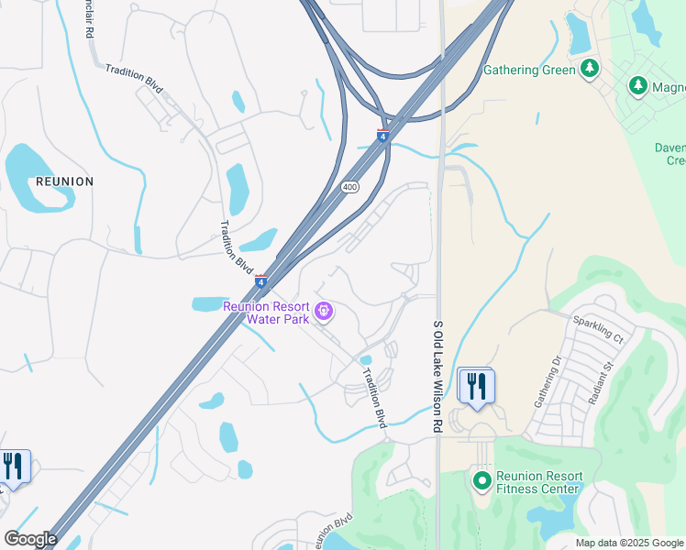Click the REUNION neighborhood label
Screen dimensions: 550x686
point(64,181)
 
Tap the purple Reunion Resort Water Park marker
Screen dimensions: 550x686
point(324,313)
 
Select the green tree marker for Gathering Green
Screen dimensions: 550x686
point(590,69)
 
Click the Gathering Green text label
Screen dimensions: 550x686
point(529,70)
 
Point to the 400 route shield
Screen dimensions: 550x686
point(349,187)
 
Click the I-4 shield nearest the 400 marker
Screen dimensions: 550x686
point(382,137)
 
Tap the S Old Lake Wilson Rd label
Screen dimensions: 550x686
point(437,376)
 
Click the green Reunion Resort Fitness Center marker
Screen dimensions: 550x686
point(481,479)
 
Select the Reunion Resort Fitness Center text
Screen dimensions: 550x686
point(539,483)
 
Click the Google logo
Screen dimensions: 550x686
point(30,539)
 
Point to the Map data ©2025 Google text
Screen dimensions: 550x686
point(630,544)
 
